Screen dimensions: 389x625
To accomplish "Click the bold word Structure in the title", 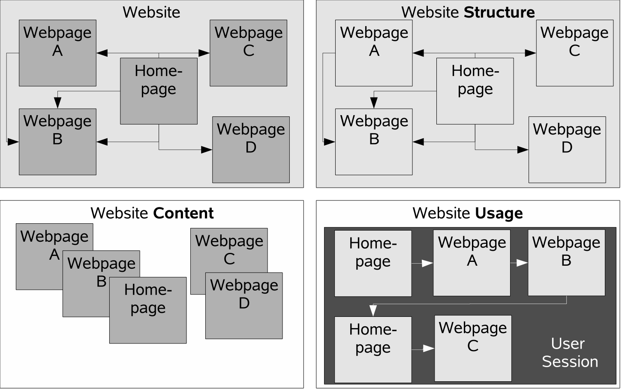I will (499, 12).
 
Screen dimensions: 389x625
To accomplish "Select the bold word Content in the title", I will (183, 213).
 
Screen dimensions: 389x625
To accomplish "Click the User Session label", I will (569, 353).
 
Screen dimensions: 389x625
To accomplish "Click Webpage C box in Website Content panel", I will (229, 249).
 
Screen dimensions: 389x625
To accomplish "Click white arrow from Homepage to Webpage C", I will (428, 349).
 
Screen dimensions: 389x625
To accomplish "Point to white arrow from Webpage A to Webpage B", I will (521, 263).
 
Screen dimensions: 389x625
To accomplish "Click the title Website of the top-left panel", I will (151, 12).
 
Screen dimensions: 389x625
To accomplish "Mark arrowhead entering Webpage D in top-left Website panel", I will (207, 150).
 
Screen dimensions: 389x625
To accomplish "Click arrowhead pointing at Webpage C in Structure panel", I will (530, 53).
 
